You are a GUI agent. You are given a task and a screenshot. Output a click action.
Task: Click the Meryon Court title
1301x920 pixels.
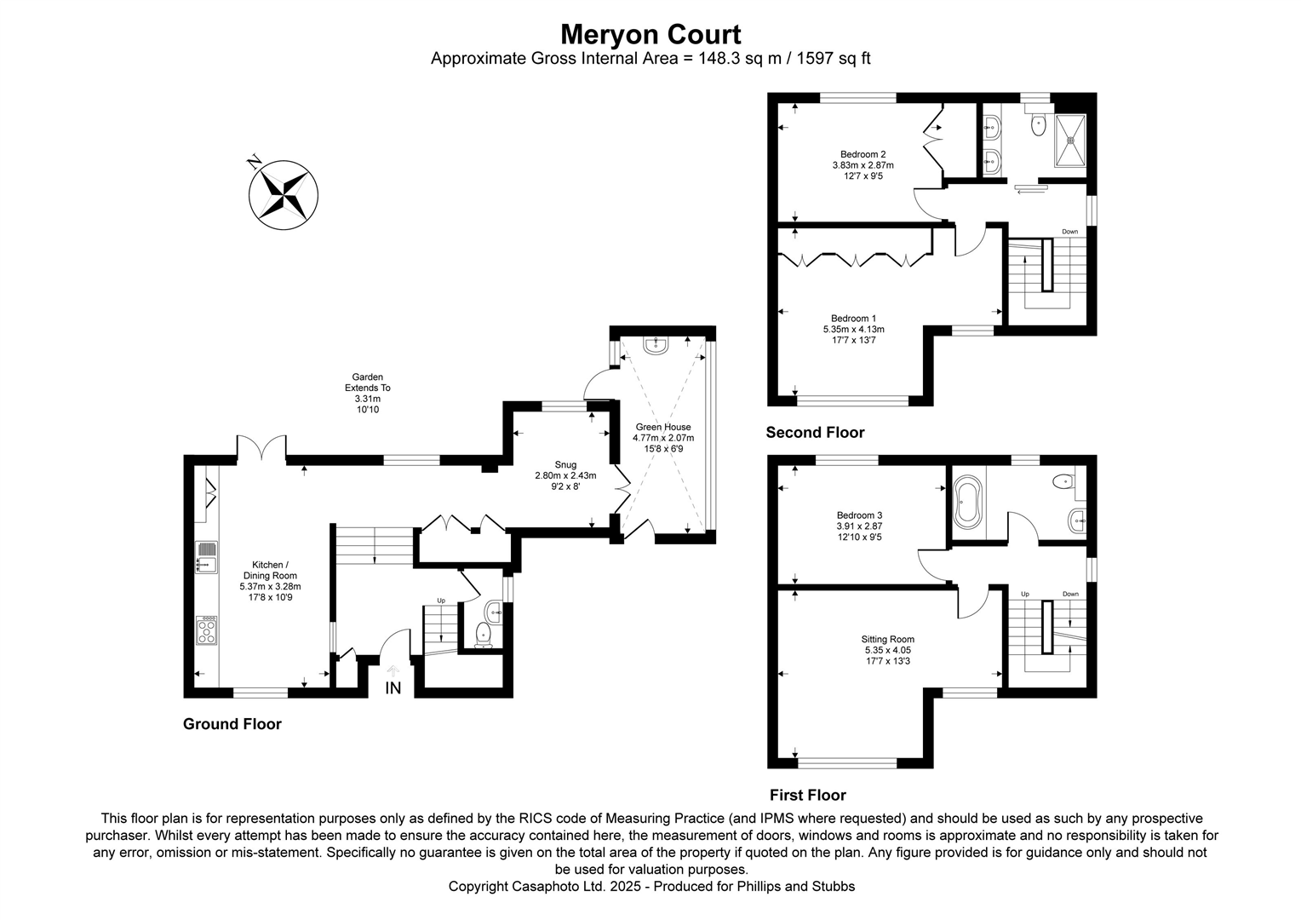click(650, 34)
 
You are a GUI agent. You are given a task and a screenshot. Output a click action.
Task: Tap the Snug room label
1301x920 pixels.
click(565, 465)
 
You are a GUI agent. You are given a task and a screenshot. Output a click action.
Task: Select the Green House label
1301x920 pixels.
click(662, 427)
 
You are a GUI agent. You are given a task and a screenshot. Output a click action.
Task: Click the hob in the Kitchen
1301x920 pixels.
click(206, 630)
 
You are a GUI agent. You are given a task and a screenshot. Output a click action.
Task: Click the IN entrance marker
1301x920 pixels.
click(393, 687)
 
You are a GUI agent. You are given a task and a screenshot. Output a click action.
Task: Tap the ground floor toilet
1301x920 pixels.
click(483, 634)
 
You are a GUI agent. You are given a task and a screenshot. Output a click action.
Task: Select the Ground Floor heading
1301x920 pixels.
click(232, 724)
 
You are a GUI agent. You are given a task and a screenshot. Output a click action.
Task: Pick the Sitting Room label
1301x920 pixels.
click(887, 639)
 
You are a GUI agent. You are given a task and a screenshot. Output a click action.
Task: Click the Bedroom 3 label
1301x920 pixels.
click(859, 515)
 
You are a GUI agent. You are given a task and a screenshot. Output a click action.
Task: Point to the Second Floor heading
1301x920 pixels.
click(815, 433)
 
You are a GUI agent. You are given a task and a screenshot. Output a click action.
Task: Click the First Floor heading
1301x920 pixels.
click(807, 795)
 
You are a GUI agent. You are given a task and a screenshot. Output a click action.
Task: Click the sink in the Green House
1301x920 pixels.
click(656, 345)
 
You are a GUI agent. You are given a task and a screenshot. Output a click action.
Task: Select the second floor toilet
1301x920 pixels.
click(1038, 125)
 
